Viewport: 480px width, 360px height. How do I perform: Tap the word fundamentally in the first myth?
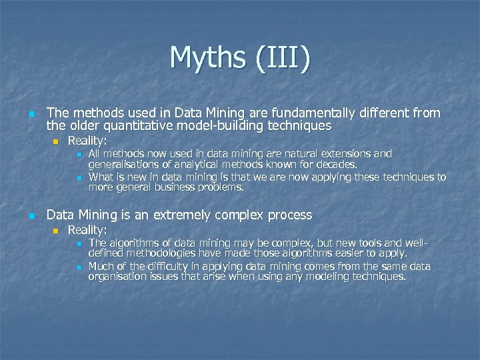310,113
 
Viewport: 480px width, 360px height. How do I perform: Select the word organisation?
118,277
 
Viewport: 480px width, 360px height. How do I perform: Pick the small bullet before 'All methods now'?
78,155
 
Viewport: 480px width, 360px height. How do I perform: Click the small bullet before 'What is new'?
78,178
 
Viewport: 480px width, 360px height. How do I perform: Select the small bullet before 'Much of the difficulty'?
78,267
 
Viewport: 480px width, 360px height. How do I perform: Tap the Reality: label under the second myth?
87,230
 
